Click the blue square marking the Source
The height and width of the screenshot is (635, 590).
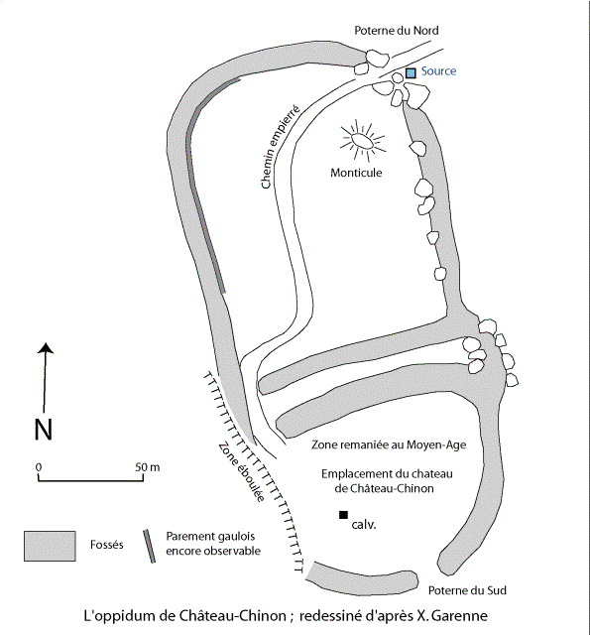(411, 72)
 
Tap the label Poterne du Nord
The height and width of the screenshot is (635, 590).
(397, 31)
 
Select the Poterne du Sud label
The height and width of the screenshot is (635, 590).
(467, 590)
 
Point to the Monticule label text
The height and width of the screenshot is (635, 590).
(356, 173)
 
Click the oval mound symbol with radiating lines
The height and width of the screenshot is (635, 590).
(363, 141)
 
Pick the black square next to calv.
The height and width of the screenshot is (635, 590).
(343, 515)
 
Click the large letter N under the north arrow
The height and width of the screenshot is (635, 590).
(44, 430)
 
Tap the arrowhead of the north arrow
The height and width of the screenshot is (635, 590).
(47, 348)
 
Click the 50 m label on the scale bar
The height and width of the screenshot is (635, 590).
(148, 467)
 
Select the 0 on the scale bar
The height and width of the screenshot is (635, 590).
(39, 467)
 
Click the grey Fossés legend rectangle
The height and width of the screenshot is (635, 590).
(50, 546)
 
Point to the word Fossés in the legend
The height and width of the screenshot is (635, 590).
(107, 545)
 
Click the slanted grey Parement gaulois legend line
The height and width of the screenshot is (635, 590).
(149, 546)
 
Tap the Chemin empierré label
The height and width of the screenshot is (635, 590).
(281, 147)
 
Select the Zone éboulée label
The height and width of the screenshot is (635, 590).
(242, 472)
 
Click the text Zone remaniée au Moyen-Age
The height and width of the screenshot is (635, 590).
(389, 444)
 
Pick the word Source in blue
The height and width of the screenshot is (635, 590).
(438, 71)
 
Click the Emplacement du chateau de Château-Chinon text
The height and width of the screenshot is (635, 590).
(387, 481)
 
